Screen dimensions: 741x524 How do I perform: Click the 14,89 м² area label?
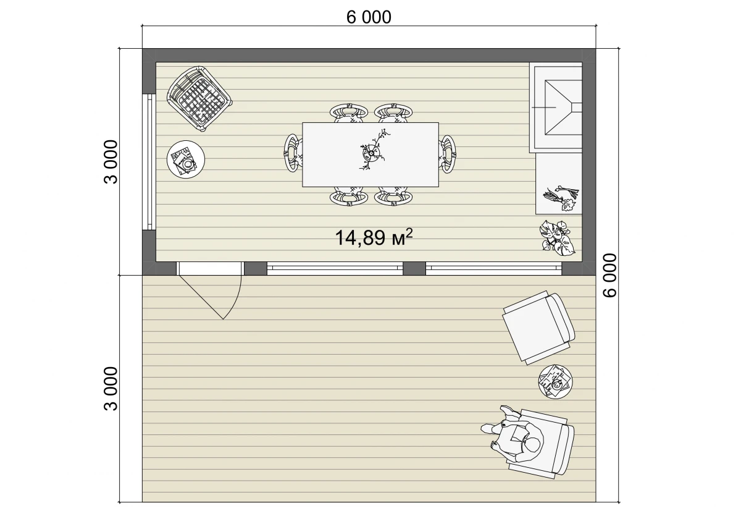(x=374, y=237)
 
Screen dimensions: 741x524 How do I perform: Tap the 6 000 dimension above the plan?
(x=369, y=17)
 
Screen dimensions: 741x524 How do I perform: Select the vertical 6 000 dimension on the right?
(x=611, y=276)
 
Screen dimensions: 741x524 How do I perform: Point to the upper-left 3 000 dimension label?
(x=111, y=162)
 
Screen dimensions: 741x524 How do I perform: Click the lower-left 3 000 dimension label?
(x=111, y=389)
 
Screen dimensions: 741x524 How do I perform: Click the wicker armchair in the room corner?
(x=199, y=98)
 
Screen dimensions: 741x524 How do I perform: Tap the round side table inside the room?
(x=186, y=159)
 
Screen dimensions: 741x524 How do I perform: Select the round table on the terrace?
(x=555, y=382)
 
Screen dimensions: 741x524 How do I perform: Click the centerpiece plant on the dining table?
(x=374, y=151)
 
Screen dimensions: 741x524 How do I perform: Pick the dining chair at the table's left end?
(x=293, y=153)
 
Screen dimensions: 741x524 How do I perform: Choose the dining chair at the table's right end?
(x=447, y=154)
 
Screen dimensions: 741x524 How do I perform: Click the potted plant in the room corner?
(x=557, y=238)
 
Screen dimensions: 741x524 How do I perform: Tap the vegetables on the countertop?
(x=561, y=198)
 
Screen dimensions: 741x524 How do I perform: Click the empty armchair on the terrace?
(x=538, y=327)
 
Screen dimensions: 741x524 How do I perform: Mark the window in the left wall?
(x=149, y=162)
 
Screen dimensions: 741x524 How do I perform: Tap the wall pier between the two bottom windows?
(x=414, y=268)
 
